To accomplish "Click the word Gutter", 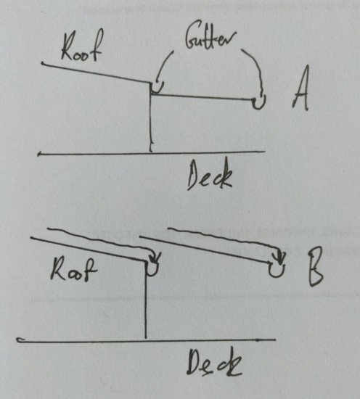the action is tap(210, 38).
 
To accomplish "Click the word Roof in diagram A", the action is tap(82, 46).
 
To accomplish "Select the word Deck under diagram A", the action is tap(210, 176).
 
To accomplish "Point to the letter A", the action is tap(301, 89).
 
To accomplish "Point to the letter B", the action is tap(315, 267).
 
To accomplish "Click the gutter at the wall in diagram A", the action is tap(156, 89).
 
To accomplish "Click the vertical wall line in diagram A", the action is tap(151, 117).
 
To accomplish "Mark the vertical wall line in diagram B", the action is tap(146, 300).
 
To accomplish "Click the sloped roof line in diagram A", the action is tap(96, 73).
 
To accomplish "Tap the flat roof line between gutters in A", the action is tap(202, 97).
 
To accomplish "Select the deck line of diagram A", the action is tap(151, 153).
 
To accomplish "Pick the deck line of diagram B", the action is tap(146, 340).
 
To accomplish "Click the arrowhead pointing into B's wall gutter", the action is tap(155, 258).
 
